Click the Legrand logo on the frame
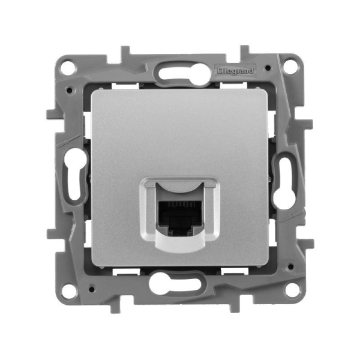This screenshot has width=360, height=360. point(235,70)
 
